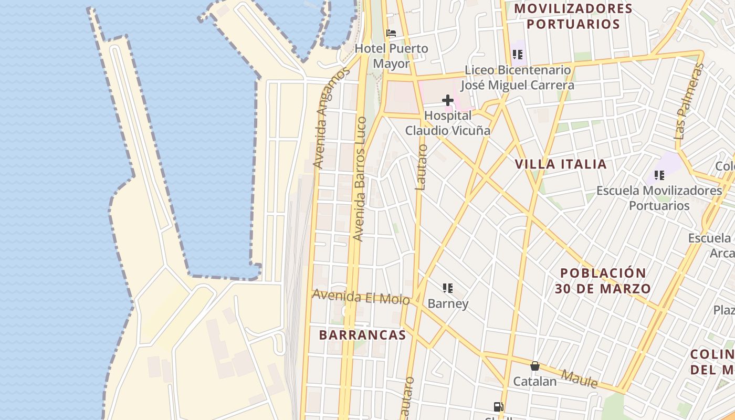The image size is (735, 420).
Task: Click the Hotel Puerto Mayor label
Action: [391, 56]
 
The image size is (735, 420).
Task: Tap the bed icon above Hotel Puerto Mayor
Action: [391, 33]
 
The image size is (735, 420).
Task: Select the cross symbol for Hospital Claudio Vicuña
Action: [447, 100]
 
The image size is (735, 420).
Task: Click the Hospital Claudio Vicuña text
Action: [447, 123]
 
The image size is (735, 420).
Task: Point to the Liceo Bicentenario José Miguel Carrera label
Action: [518, 77]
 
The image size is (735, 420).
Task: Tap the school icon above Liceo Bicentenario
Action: [518, 54]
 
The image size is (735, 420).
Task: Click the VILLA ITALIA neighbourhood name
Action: [561, 164]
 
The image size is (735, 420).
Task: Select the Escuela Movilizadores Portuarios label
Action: [659, 198]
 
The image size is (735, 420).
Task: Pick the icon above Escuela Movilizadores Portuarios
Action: [659, 175]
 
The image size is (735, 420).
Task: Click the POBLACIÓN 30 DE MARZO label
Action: [603, 281]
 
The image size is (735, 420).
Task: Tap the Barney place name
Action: [448, 303]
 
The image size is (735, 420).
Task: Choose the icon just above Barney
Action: [448, 288]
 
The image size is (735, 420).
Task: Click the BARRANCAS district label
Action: [362, 335]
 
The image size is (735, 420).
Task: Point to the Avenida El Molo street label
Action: [361, 297]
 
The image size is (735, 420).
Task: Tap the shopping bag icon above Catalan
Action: [534, 366]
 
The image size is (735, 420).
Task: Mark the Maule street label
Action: [579, 379]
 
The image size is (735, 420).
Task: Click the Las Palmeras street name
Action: [688, 101]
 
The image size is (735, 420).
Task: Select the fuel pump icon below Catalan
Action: [498, 406]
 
